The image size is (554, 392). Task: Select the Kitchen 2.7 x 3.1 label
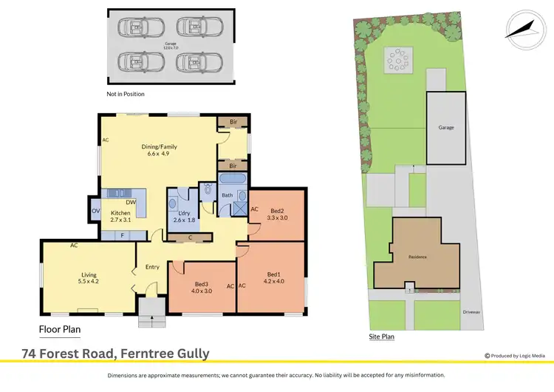tap(120, 217)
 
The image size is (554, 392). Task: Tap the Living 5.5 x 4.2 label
tap(88, 277)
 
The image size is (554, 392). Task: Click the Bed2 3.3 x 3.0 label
tap(277, 214)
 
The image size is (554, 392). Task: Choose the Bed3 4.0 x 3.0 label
tap(202, 288)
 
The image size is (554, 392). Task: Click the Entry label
tap(152, 267)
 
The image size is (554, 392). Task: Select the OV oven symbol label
tap(95, 211)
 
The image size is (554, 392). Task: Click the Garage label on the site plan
tap(446, 127)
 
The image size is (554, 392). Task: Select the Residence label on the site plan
tap(419, 257)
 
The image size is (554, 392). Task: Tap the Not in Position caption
tap(126, 94)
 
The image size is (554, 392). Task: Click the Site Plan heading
tap(382, 337)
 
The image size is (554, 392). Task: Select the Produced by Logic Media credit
tap(515, 355)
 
